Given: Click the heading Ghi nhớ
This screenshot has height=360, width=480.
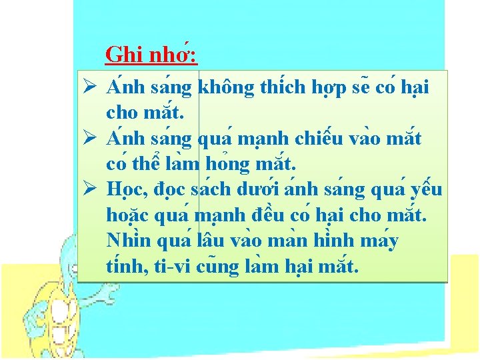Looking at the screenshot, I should click(151, 54).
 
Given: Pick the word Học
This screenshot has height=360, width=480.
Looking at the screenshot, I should click(125, 190).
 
